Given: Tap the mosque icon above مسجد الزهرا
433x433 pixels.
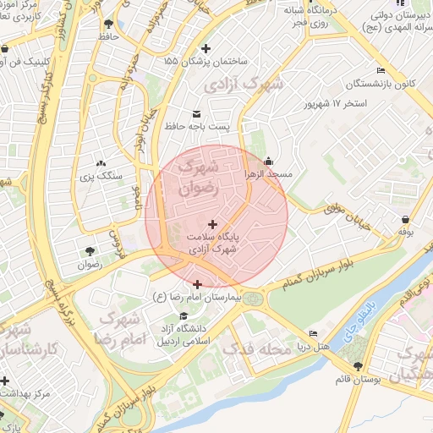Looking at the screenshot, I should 269,162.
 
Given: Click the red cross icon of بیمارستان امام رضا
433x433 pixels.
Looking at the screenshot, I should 197,284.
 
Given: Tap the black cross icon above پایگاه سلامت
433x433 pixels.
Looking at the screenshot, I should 211,224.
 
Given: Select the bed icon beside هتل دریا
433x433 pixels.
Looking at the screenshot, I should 314,334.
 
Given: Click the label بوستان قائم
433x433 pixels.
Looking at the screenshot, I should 358,380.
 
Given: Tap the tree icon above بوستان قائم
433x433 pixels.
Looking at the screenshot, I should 359,366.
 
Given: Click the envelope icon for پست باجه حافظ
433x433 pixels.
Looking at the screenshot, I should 197,113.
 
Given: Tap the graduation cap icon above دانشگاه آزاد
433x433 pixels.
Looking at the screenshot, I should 183,316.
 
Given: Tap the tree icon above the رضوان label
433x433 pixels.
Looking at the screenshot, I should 89,250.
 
